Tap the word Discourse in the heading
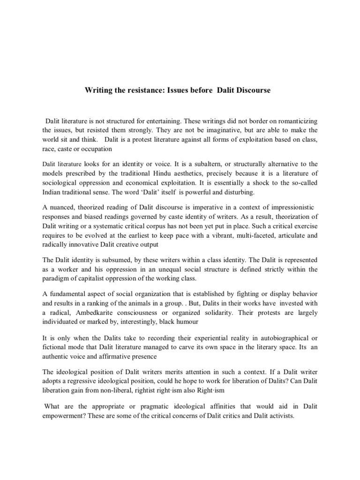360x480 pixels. pos(253,90)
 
